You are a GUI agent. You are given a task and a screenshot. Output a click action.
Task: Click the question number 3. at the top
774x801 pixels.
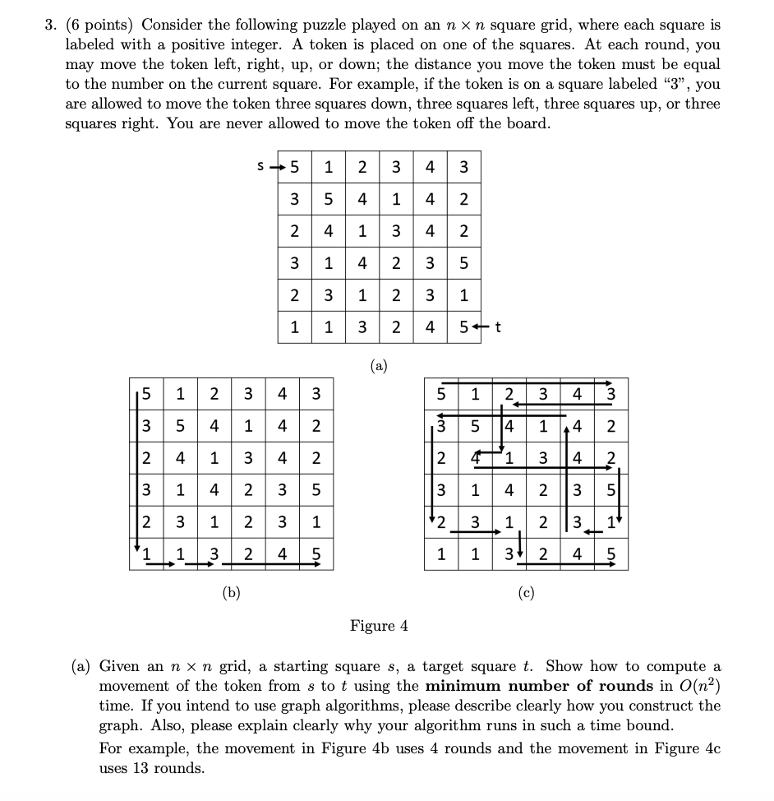(x=51, y=24)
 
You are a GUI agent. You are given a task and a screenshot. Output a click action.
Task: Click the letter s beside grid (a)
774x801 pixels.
(x=260, y=167)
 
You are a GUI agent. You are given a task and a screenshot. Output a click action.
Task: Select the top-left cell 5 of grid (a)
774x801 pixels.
(x=294, y=168)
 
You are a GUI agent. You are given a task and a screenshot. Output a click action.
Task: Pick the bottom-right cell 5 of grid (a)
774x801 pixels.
(x=463, y=327)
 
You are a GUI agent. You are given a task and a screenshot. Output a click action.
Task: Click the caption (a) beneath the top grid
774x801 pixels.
(x=379, y=363)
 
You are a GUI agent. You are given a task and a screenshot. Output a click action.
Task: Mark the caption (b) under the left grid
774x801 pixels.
(x=232, y=592)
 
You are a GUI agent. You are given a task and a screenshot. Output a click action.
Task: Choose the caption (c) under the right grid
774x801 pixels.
(x=526, y=592)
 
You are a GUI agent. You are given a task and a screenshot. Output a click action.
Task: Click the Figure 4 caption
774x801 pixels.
(x=379, y=627)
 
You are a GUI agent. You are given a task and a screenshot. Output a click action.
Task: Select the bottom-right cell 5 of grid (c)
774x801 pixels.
(x=610, y=555)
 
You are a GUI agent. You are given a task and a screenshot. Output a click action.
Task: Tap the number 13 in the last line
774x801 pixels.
(x=145, y=768)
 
